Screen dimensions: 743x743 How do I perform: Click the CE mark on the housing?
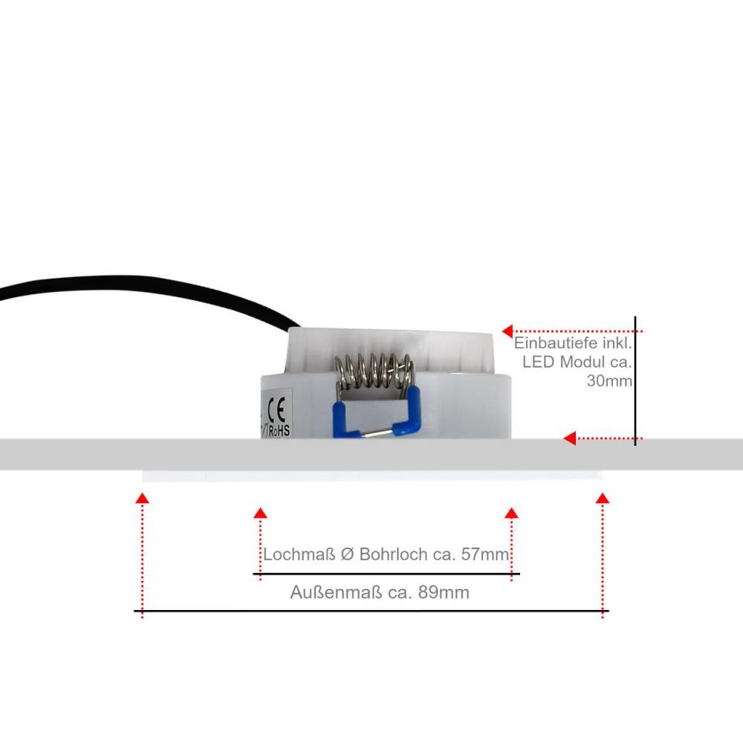click(x=276, y=409)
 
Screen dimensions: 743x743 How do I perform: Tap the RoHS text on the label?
click(x=279, y=431)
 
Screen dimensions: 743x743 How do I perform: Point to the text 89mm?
click(x=444, y=592)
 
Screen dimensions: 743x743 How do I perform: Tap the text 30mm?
click(x=609, y=380)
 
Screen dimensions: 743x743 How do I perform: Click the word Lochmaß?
click(x=299, y=554)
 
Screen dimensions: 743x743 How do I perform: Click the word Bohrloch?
click(x=393, y=554)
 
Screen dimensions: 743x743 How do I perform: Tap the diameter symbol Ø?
click(x=347, y=554)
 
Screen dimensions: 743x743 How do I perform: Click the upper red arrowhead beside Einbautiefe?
click(x=508, y=331)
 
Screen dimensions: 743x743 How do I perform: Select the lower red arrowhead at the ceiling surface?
click(x=570, y=438)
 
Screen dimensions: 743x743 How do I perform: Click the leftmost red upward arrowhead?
click(x=142, y=498)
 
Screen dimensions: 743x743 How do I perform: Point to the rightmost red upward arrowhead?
click(x=603, y=498)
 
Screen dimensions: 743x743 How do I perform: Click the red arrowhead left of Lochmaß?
click(x=260, y=513)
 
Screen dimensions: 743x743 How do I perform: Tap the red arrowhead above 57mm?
click(x=512, y=513)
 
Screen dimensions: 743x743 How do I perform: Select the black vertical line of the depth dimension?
click(x=635, y=381)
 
